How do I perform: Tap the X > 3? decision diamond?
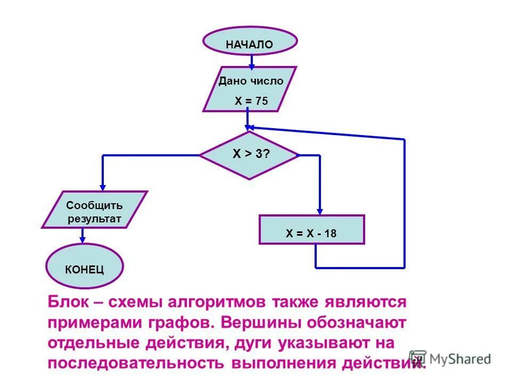pyautogui.click(x=249, y=155)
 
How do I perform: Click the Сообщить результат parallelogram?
pyautogui.click(x=94, y=210)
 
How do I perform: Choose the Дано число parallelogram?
pyautogui.click(x=250, y=89)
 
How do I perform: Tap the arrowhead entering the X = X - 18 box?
pyautogui.click(x=319, y=210)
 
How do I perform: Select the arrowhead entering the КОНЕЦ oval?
pyautogui.click(x=83, y=240)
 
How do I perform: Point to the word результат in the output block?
pyautogui.click(x=94, y=219)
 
